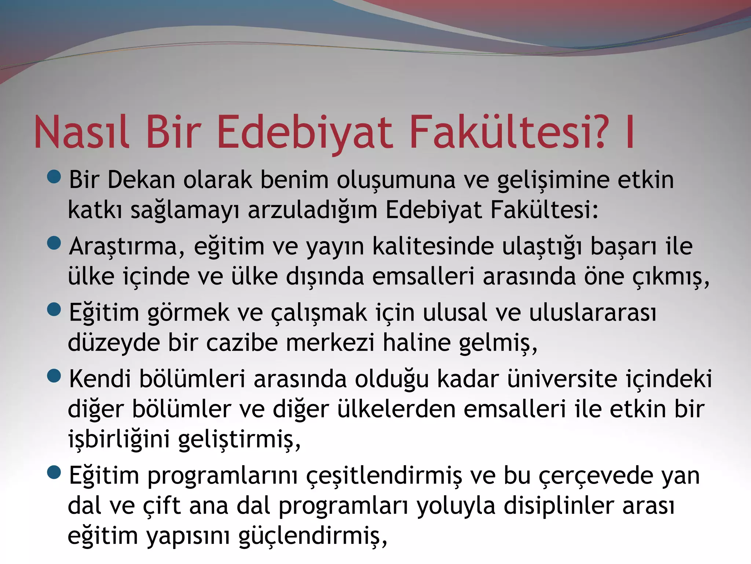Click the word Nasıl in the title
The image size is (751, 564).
click(81, 132)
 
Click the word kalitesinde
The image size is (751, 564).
click(433, 246)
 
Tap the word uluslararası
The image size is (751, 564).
click(593, 313)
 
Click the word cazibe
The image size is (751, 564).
click(242, 343)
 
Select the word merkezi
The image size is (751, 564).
click(330, 343)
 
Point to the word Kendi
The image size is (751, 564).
click(100, 379)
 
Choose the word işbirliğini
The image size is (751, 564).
click(119, 439)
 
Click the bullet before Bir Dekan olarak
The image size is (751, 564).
click(54, 177)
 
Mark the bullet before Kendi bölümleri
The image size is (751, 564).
click(54, 376)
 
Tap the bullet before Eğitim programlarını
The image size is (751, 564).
click(54, 472)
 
